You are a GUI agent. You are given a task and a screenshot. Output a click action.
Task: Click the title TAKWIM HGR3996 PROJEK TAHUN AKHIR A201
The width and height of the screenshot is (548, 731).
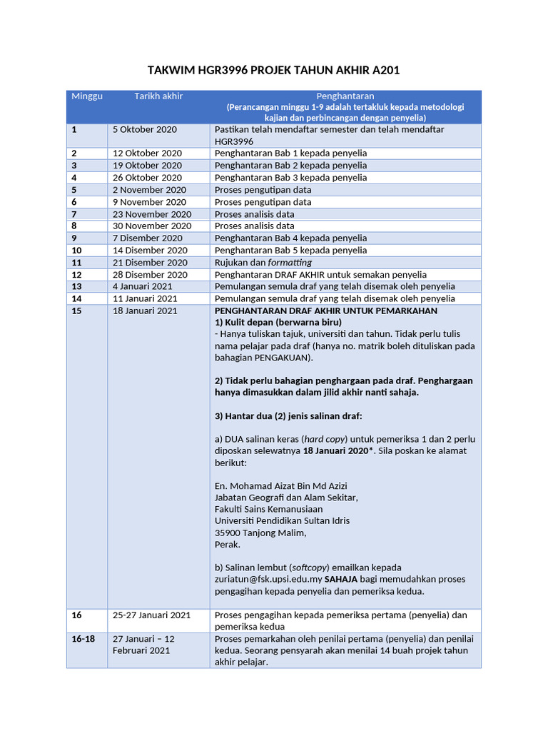pos(273,70)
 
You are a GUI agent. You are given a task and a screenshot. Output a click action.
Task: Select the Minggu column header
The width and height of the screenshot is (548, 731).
pos(86,96)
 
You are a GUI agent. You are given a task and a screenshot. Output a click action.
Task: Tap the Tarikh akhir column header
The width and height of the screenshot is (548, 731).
pos(158,96)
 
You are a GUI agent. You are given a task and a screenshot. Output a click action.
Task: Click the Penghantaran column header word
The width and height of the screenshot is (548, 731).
pos(345,96)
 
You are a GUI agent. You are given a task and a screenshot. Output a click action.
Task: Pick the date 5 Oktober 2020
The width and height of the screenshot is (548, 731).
pos(145,130)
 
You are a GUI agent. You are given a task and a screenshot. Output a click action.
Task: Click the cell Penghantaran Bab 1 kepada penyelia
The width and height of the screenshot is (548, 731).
pos(291,153)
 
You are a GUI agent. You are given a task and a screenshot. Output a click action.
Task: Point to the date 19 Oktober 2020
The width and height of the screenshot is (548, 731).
pos(147,166)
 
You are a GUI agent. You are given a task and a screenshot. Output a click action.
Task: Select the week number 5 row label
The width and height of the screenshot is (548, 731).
pos(74,190)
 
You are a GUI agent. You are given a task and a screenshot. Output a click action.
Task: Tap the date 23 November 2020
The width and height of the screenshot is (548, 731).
pos(152,214)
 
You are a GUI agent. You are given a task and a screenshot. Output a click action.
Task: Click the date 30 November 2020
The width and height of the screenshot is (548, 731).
pos(152,226)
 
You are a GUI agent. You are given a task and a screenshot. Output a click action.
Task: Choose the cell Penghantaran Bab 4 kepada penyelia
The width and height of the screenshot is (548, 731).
pos(291,238)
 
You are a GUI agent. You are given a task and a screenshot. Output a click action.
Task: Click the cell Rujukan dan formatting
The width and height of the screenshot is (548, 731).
pos(263,263)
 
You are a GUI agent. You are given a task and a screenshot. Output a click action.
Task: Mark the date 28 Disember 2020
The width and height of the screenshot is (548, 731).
pos(150,275)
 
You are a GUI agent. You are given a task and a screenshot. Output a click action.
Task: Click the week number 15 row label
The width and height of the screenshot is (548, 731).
pos(76,311)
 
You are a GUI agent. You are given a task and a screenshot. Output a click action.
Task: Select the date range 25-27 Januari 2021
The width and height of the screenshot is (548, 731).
pos(151,615)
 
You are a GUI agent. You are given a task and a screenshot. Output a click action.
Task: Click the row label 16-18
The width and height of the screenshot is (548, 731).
pos(83,639)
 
